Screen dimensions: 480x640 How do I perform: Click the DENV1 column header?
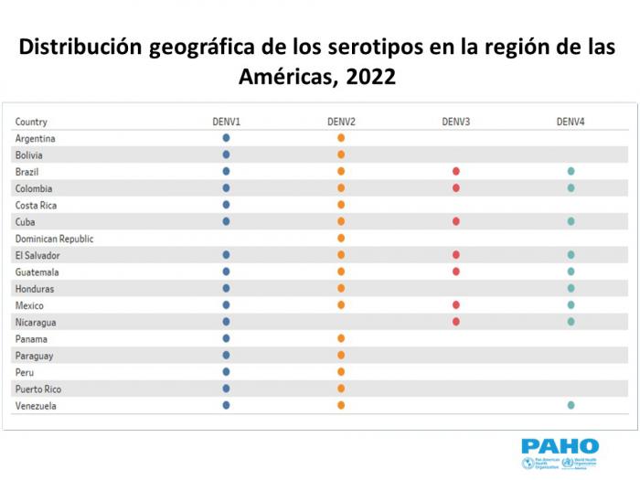pos(226,122)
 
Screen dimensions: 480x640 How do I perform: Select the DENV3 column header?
pos(455,122)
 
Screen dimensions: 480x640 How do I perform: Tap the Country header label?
pos(31,122)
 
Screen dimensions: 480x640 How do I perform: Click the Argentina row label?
pos(36,138)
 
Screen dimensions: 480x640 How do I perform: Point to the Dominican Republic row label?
pos(54,239)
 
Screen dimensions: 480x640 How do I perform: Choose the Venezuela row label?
pos(36,406)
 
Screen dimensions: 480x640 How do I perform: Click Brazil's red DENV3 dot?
pos(455,172)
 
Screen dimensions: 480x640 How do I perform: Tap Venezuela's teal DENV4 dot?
pos(571,405)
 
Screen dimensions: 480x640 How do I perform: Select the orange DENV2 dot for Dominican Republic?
pos(341,239)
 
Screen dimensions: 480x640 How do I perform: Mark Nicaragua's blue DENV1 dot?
pos(226,322)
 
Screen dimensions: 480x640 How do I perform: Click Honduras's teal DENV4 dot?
pos(571,289)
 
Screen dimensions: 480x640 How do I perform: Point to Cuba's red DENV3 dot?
pos(455,221)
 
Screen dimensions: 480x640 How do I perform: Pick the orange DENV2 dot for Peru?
pos(341,372)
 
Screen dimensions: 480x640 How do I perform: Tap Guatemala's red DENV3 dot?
pos(455,272)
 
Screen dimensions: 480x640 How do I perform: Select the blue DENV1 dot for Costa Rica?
pos(226,205)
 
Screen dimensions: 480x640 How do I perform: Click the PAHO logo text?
pos(560,446)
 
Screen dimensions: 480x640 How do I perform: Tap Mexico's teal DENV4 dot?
pos(571,305)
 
